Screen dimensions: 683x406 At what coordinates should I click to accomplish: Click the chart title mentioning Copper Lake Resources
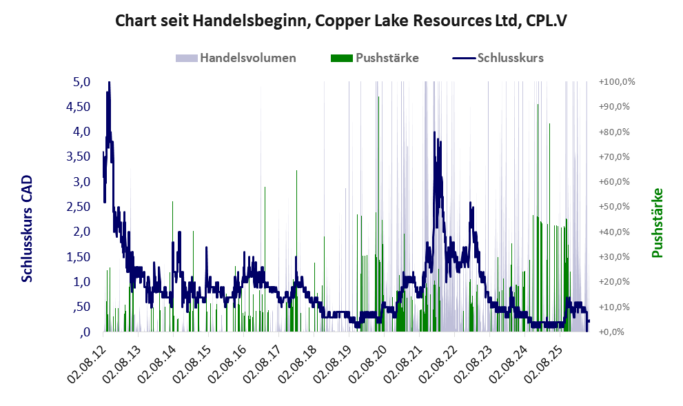point(341,21)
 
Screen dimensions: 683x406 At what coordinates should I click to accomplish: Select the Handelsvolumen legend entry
point(236,58)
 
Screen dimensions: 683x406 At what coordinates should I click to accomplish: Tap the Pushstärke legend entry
point(375,58)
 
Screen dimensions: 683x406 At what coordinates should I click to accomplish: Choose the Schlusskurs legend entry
point(498,58)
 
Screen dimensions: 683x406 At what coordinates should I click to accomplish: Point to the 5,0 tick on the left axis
point(81,82)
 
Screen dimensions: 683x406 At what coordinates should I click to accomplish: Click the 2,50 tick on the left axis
point(79,207)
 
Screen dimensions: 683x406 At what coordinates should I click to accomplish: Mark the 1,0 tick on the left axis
point(81,282)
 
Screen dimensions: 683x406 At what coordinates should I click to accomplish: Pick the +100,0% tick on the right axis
point(617,82)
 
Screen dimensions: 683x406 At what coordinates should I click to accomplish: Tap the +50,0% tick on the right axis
point(614,207)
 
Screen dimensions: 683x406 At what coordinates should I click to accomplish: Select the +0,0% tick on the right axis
point(611,332)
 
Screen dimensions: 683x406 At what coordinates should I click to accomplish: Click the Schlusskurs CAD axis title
point(27,228)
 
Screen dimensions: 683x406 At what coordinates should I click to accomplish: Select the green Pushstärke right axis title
point(657,223)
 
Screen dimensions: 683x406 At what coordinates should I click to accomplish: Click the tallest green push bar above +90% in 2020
point(378,214)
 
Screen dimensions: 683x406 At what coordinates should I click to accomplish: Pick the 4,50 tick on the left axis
point(79,107)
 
